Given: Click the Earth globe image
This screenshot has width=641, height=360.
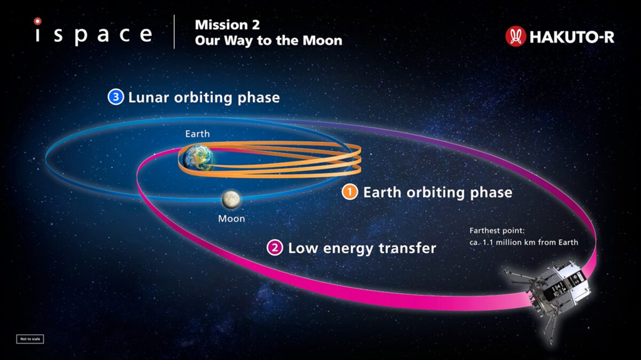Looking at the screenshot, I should coord(197,157).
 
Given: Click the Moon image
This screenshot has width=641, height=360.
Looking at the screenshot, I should coord(230,198).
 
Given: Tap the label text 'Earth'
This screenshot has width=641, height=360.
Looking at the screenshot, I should coord(197,134).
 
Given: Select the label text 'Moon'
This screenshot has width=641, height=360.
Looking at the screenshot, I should coord(231,219).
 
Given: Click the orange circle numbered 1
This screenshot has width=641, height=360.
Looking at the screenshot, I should coord(350,192).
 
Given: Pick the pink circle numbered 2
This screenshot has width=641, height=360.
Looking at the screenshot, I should coord(275,248).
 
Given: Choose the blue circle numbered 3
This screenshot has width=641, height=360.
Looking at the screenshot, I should coord(116,97).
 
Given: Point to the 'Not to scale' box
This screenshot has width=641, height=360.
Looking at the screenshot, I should coord(30,339).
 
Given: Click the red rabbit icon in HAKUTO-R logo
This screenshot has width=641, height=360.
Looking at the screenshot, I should coord(515,37).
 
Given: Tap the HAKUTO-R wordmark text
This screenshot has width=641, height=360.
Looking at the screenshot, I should coord(571,37).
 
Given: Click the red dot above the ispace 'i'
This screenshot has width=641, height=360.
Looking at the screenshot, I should coord(37,22).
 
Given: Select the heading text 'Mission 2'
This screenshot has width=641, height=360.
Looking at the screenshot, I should coord(227,25).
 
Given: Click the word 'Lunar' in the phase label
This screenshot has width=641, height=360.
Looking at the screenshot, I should coord(148,97).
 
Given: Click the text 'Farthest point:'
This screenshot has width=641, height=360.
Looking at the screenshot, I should coord(496,231).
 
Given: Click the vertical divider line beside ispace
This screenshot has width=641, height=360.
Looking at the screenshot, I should coord(175,32).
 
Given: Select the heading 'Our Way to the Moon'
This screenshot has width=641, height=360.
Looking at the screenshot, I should coord(268,41).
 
